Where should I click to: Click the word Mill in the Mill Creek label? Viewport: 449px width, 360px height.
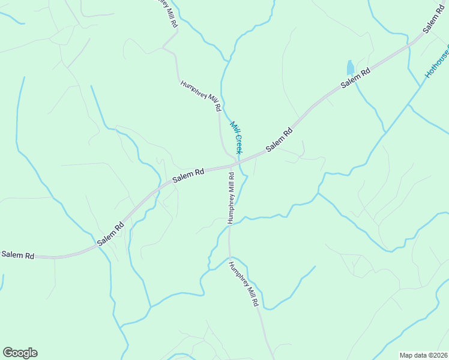[234, 127]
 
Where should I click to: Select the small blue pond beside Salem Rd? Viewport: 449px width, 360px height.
[350, 67]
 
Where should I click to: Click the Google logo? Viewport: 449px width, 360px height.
[20, 353]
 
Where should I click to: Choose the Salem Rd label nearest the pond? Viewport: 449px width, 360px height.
[355, 79]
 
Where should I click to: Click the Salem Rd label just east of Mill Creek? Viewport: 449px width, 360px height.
[280, 140]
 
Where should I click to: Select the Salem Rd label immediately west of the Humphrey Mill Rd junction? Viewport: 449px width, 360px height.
[188, 175]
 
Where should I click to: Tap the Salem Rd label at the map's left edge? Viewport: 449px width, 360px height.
[17, 255]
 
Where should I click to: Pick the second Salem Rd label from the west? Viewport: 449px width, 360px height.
[110, 233]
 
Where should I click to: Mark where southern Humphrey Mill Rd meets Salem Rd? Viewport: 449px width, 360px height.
[231, 166]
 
